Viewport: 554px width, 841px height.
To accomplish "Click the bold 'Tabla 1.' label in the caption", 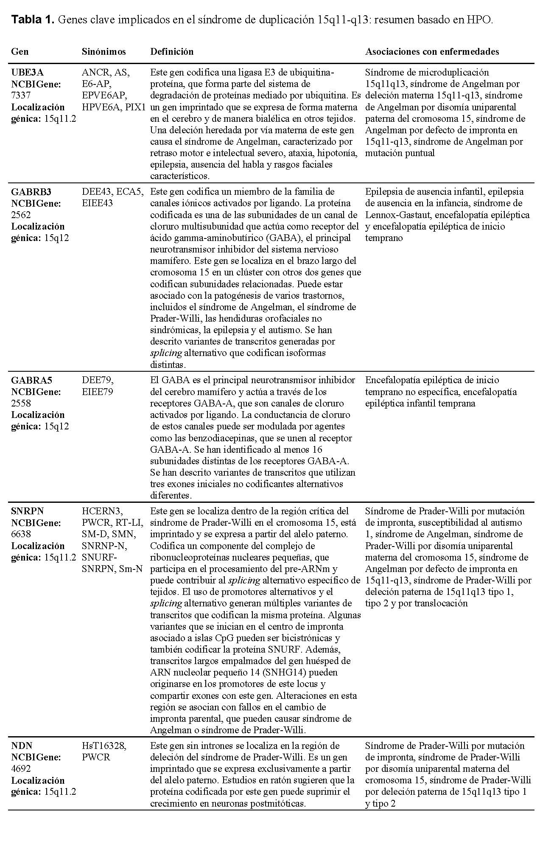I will tap(33, 20).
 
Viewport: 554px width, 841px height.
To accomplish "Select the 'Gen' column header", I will tap(20, 52).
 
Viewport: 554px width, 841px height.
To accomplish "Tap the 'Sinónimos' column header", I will tap(104, 52).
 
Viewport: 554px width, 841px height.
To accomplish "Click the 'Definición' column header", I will tap(172, 52).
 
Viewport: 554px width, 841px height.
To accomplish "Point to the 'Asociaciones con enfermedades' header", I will tap(432, 52).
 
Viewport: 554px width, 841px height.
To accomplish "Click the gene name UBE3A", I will tap(27, 73).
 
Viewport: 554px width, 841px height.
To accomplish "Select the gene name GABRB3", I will tap(31, 192).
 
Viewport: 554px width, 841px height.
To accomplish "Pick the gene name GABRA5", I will tap(31, 380).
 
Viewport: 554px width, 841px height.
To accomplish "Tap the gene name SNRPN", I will tap(28, 511).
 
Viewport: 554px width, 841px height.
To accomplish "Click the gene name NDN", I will tap(22, 746).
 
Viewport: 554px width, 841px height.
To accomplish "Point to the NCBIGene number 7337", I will tap(21, 95).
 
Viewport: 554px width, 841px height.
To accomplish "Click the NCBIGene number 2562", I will tap(21, 215).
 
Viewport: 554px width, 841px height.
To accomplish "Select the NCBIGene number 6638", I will tap(21, 534).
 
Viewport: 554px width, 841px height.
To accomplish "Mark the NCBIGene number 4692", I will tap(21, 768).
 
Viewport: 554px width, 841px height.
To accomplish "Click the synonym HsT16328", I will tap(104, 746).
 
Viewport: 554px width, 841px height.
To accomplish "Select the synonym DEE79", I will tap(98, 380).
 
